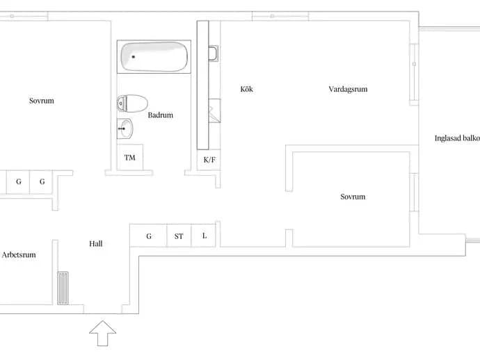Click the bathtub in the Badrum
click(154, 56)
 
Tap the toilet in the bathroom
click(132, 104)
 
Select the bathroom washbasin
click(125, 129)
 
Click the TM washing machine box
click(130, 157)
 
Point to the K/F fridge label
click(209, 160)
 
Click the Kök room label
click(247, 89)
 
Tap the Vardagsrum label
click(348, 90)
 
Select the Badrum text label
click(161, 115)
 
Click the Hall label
click(96, 244)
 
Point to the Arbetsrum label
click(19, 255)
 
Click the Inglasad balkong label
click(457, 138)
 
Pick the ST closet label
click(179, 236)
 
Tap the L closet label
click(205, 236)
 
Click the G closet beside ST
click(149, 236)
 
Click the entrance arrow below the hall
click(102, 334)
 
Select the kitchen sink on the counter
click(214, 54)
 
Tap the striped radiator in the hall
click(63, 288)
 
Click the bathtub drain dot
click(133, 56)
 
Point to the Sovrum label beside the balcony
click(353, 197)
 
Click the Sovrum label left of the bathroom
click(42, 101)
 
